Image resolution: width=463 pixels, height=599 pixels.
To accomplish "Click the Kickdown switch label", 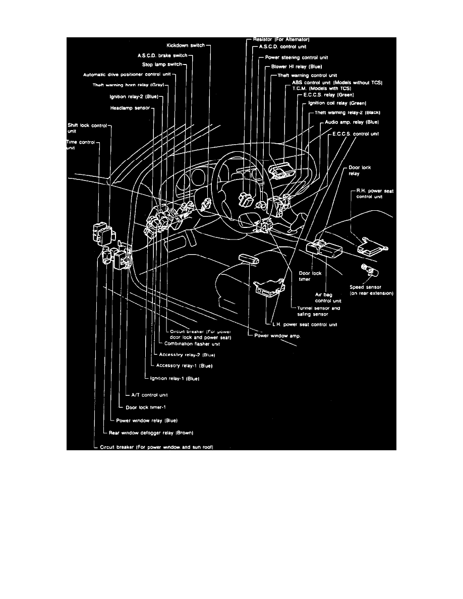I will (x=185, y=45).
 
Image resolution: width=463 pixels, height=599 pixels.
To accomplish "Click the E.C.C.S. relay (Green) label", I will (x=328, y=95).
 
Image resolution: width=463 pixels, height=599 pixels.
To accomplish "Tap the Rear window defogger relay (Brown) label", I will (x=151, y=433).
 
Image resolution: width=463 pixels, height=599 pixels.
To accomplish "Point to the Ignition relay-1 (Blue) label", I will (x=174, y=378).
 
